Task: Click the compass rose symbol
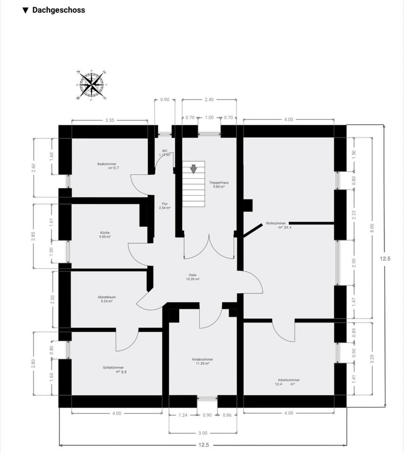tap(92, 85)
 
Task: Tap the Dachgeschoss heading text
tap(59, 10)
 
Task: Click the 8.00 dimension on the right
tap(372, 226)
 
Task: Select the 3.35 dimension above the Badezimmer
tap(109, 120)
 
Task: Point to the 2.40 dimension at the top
tap(209, 100)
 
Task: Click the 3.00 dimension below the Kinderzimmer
tap(202, 433)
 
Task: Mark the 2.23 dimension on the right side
tap(353, 214)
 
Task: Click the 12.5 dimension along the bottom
tap(204, 445)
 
